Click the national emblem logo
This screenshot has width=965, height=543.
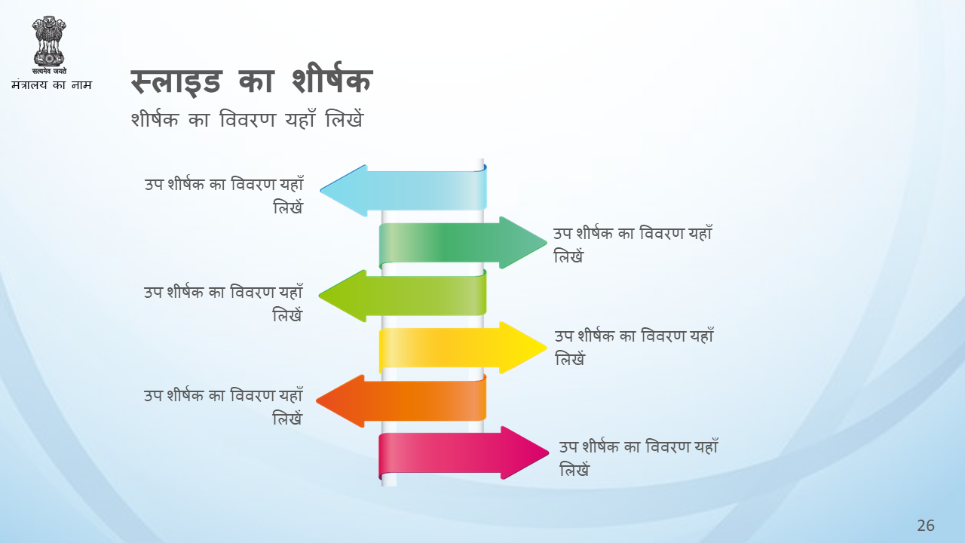click(49, 44)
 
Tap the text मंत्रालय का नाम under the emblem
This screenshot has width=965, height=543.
click(52, 84)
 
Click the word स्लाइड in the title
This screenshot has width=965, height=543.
click(176, 82)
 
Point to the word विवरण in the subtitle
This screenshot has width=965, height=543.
click(247, 119)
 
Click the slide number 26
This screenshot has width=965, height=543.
click(925, 526)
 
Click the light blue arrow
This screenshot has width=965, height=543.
click(403, 191)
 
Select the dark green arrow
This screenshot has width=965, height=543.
click(463, 243)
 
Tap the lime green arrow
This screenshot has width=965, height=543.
click(403, 296)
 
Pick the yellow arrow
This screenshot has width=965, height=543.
click(463, 348)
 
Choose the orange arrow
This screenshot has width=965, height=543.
click(402, 400)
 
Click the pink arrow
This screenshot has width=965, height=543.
click(464, 453)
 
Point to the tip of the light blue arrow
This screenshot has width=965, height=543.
click(321, 190)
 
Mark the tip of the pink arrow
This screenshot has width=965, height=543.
click(548, 452)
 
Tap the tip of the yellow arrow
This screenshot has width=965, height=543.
click(547, 348)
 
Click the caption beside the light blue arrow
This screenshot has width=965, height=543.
click(224, 195)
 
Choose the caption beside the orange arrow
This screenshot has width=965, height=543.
click(223, 406)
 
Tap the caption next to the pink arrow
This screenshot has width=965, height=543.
click(639, 458)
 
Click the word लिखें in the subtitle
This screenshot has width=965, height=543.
click(345, 119)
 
